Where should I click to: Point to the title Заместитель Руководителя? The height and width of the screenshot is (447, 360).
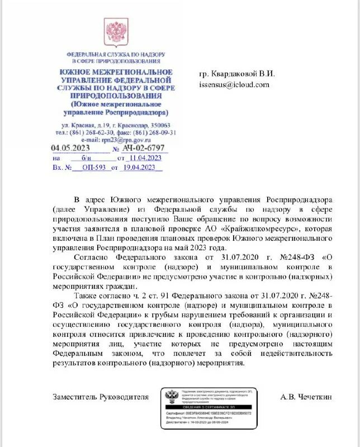(x=101, y=397)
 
